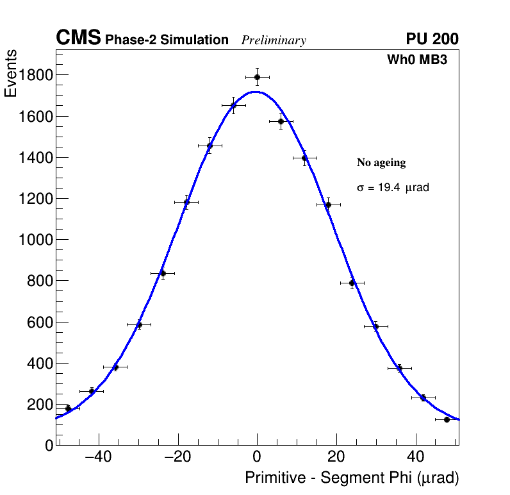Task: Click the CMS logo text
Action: [x=78, y=38]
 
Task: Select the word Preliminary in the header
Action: [x=274, y=40]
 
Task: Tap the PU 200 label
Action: [x=432, y=39]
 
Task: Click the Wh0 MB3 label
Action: [x=416, y=60]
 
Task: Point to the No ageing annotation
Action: [x=381, y=163]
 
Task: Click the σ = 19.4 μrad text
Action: [x=393, y=188]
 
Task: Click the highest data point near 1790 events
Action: [x=257, y=77]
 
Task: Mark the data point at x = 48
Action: [x=447, y=419]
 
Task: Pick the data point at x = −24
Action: [x=163, y=273]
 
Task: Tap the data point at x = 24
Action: [x=352, y=283]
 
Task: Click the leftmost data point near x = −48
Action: [x=68, y=408]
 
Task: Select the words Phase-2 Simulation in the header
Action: [x=167, y=40]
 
